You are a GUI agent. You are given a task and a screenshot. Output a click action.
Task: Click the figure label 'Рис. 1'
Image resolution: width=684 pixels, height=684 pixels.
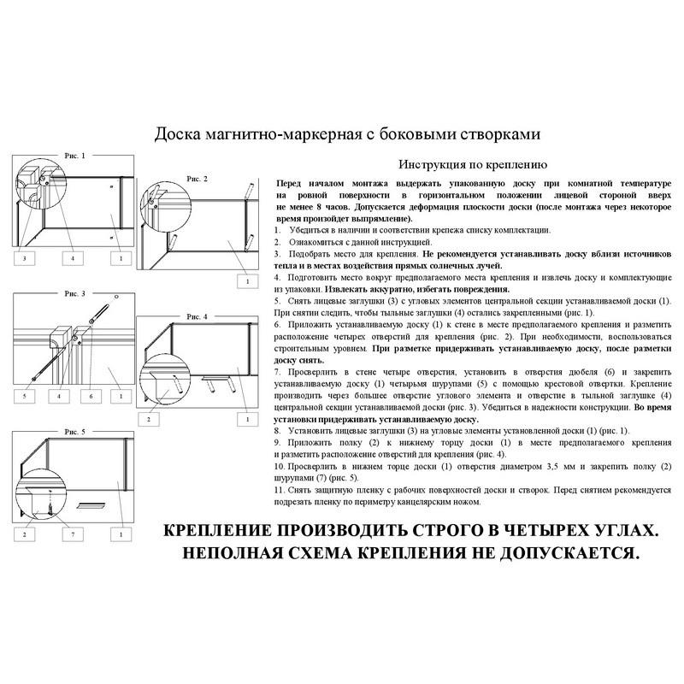75,156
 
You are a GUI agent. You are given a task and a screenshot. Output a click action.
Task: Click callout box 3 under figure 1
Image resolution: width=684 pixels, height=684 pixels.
25,257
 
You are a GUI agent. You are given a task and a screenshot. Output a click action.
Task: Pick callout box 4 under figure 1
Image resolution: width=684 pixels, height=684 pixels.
73,257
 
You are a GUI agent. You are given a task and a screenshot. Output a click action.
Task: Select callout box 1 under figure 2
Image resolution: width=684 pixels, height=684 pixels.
247,280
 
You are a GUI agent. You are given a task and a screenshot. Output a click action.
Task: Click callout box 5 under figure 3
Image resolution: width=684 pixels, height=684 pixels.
25,397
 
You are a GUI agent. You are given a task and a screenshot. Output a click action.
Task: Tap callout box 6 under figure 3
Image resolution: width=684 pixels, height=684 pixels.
90,397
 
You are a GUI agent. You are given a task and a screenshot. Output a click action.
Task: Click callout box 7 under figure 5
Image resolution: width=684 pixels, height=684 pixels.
73,534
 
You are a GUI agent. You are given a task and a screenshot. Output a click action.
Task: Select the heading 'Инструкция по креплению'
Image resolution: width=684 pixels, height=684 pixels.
473,165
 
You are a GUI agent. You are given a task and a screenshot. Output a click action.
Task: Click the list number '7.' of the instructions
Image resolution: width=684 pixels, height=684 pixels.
279,374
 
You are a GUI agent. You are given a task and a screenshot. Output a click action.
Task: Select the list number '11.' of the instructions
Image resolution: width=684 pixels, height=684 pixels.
280,493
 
